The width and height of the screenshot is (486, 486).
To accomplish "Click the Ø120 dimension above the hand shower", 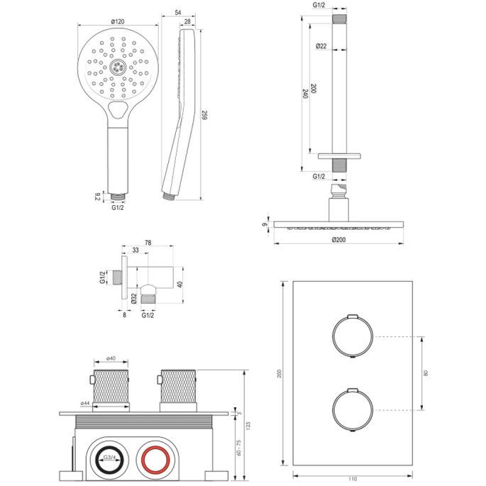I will [117, 21].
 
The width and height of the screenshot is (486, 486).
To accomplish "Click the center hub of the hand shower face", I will [118, 69].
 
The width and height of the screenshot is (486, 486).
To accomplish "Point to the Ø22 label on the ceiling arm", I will [321, 46].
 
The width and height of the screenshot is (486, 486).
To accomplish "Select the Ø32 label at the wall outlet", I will [133, 299].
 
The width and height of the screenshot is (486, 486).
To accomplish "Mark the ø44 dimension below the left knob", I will [85, 404].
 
